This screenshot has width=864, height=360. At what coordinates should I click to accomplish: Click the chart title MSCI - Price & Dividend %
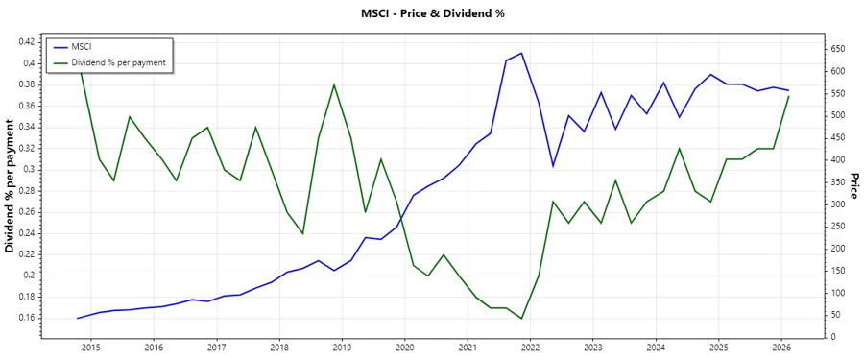[x=431, y=13]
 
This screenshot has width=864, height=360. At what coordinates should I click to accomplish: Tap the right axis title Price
[x=852, y=186]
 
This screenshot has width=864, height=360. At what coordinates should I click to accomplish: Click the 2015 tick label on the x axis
[x=91, y=348]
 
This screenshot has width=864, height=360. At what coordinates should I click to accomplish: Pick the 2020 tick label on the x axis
[x=404, y=348]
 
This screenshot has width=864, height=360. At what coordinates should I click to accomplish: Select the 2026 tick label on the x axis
[x=780, y=348]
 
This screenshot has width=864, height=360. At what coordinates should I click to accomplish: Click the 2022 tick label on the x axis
[x=530, y=348]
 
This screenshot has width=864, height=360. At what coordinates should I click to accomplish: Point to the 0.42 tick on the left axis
[x=26, y=42]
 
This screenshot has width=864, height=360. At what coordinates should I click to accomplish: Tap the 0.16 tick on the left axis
[x=26, y=318]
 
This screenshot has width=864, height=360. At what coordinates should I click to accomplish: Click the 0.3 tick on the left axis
[x=30, y=169]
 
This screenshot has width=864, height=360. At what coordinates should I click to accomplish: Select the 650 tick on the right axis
[x=838, y=48]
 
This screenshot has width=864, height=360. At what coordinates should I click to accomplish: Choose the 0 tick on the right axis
[x=831, y=337]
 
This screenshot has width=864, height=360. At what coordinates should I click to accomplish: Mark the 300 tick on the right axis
[x=838, y=204]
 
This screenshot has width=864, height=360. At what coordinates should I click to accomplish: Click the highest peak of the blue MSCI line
[x=521, y=53]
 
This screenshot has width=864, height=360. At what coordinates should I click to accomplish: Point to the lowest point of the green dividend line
[x=521, y=319]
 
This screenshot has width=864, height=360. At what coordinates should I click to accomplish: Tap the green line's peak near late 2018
[x=334, y=84]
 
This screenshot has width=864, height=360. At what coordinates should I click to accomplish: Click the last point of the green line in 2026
[x=789, y=95]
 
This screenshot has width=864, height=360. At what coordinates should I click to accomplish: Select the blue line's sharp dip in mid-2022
[x=553, y=166]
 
